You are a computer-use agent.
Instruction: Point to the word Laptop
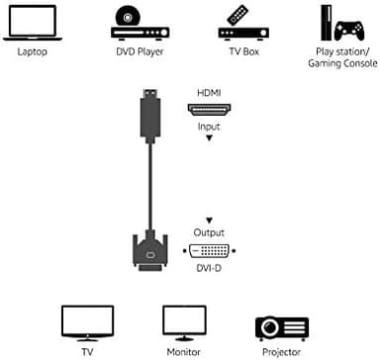(x=32, y=50)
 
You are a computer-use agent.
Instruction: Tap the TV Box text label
(x=237, y=50)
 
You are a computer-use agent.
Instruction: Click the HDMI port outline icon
(x=209, y=109)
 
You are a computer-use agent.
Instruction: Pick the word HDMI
(x=209, y=92)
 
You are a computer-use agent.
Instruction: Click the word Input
(x=209, y=126)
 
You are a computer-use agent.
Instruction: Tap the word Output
(x=209, y=231)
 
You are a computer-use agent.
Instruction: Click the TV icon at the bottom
(x=80, y=322)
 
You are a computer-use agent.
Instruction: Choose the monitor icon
(x=184, y=322)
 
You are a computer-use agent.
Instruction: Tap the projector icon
(x=282, y=327)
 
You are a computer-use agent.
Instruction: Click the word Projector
(x=282, y=350)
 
